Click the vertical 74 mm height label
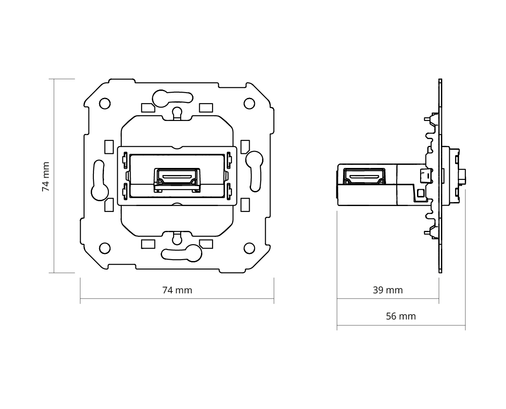point(46,177)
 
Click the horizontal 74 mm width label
point(177,290)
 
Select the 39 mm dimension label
point(388,290)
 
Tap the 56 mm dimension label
point(401,316)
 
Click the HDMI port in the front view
point(177,180)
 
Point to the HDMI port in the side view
point(365,176)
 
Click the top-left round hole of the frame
point(104,104)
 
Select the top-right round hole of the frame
point(249,103)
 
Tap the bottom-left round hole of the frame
point(104,249)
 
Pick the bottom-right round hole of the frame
point(249,248)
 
